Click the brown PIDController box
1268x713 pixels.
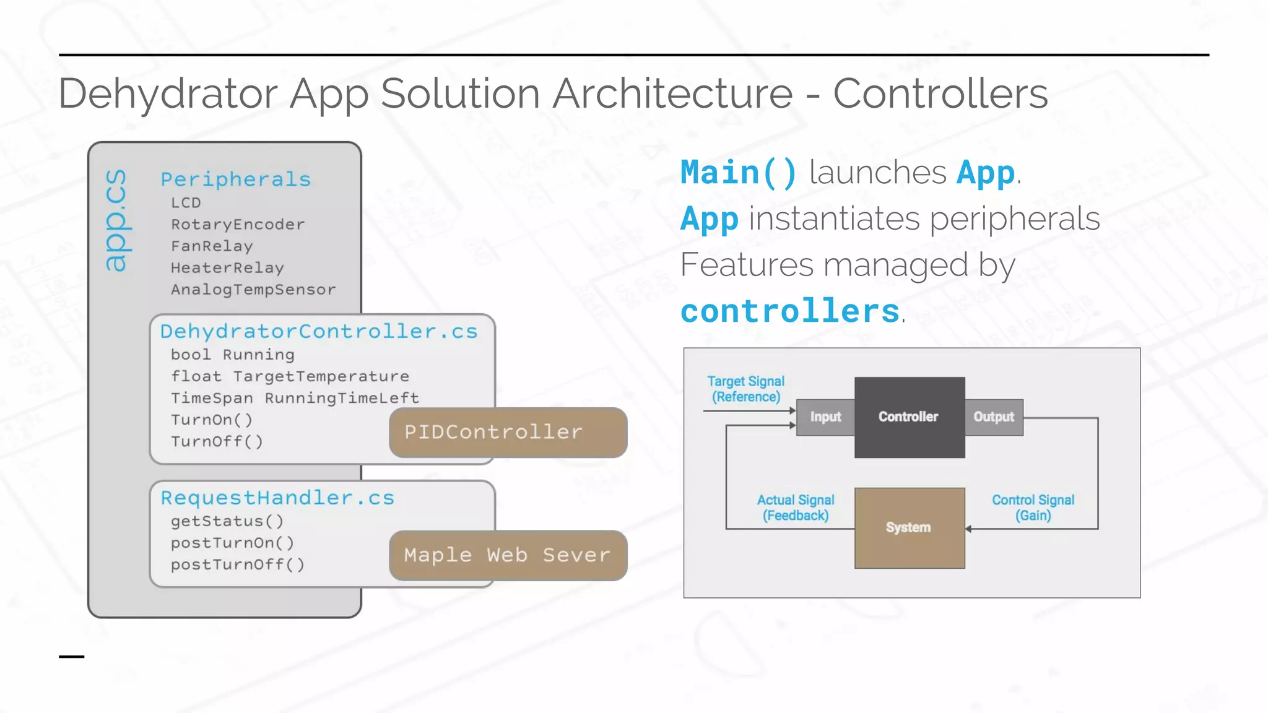(x=508, y=433)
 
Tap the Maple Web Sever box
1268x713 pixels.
(x=508, y=555)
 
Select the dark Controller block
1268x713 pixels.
(x=909, y=417)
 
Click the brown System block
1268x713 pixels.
(x=909, y=527)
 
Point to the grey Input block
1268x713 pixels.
(x=825, y=417)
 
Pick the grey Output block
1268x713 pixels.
(x=994, y=417)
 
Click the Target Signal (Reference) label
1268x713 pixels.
(x=745, y=389)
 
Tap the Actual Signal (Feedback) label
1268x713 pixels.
(x=796, y=508)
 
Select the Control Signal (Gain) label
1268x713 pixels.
(x=1033, y=508)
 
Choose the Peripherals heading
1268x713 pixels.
(x=235, y=179)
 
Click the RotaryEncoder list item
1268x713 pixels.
(x=238, y=224)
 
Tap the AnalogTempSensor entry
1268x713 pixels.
(x=253, y=289)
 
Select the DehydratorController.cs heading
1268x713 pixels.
(x=319, y=331)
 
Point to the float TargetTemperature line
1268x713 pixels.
(x=290, y=376)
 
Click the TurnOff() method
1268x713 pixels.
(x=217, y=441)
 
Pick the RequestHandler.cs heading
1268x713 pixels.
(x=277, y=498)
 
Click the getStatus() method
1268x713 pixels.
(x=227, y=521)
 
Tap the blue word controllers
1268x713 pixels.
(x=790, y=311)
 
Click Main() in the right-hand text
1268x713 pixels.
(x=739, y=173)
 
